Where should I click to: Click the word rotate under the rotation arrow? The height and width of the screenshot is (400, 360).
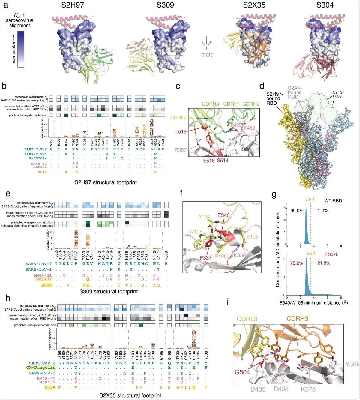pos(206,55)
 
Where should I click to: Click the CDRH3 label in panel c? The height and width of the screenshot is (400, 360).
pos(210,104)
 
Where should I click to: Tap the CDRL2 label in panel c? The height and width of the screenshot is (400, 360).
pos(178,118)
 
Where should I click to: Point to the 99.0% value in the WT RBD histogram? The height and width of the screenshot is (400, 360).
pos(297,211)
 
